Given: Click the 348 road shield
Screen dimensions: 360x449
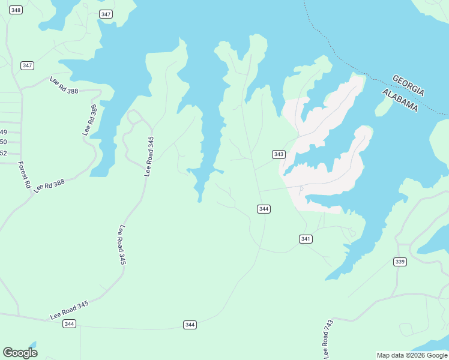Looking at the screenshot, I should [x=16, y=10].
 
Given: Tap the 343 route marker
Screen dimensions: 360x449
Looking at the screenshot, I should [x=279, y=154].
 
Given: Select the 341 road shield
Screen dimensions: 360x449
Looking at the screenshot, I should [x=306, y=239].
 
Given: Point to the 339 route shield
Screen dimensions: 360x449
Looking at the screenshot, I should [x=400, y=262].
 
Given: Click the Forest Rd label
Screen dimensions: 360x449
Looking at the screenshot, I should [x=24, y=175].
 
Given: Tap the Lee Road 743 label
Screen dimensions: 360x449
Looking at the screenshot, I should [x=328, y=339].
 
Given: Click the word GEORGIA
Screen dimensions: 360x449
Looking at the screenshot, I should [x=409, y=85].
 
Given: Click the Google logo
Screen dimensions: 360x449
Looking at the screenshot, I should [x=20, y=352].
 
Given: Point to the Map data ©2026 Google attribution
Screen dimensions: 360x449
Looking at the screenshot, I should [x=412, y=355].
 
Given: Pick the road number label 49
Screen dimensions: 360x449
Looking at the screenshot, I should [x=4, y=132].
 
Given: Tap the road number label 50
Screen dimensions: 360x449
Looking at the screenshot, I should [x=4, y=142].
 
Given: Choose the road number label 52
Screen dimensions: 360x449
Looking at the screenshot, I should [x=4, y=153].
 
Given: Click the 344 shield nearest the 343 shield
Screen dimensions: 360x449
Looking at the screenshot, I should [x=264, y=209].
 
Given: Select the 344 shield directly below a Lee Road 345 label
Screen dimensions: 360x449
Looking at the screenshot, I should [x=70, y=324].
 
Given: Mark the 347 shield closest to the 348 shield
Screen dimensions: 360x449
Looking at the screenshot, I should [x=27, y=65].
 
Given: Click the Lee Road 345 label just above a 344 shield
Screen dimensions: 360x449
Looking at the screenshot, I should [x=69, y=310].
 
